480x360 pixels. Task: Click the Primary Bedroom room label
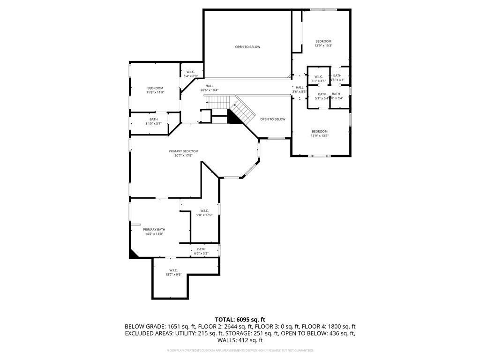tap(183, 151)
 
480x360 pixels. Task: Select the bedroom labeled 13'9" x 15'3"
tap(323, 43)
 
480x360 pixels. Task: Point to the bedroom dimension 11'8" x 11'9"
tap(155, 92)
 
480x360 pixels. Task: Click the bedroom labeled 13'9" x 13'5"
tap(320, 134)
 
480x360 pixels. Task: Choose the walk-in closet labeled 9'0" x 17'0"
tap(204, 213)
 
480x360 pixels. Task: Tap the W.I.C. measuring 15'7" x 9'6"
tap(173, 272)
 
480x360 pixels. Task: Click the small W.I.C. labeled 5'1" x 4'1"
tap(319, 79)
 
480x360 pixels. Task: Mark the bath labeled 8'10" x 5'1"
tap(153, 121)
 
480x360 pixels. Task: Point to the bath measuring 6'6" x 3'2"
tap(201, 251)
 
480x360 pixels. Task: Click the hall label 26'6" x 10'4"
tap(209, 88)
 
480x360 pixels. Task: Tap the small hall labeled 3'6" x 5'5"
tap(300, 89)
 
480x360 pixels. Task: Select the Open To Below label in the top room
tap(247, 47)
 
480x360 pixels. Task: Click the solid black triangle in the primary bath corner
tap(133, 254)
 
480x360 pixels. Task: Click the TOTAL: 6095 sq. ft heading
tap(240, 319)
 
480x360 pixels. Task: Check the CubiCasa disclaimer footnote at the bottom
tap(240, 350)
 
